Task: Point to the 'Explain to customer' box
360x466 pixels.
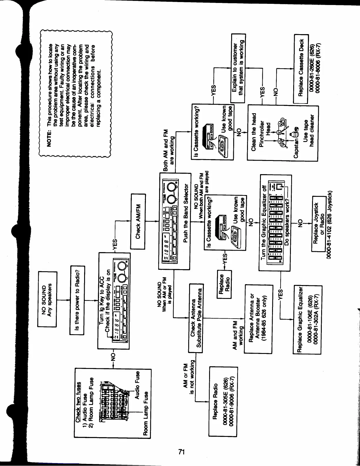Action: click(x=238, y=68)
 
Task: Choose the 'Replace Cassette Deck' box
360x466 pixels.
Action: click(x=301, y=69)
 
